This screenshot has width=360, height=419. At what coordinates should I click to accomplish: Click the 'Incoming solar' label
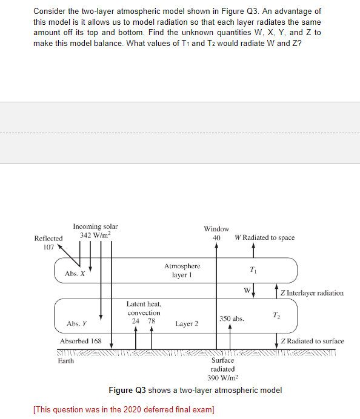pos(95,226)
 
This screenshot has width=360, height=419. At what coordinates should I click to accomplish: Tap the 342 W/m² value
pos(96,235)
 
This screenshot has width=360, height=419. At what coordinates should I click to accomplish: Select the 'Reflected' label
pos(48,238)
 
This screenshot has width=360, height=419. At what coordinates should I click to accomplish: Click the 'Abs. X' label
pos(75,274)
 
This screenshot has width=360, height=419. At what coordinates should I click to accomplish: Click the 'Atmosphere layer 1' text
pos(182,270)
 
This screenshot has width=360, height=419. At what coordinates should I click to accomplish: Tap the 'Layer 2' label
pos(187,324)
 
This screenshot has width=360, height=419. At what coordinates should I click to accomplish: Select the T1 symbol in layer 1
pos(254,269)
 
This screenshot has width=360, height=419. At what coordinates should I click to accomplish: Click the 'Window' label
pos(216,229)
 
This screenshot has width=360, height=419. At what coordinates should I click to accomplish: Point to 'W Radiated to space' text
pos(264,237)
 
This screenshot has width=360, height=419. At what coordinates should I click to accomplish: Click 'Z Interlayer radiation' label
pos(312,293)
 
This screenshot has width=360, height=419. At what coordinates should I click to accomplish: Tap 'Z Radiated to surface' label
pos(312,341)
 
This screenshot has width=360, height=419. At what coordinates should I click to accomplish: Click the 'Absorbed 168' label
pos(81,341)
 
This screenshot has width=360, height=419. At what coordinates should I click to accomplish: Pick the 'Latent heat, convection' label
pos(144,308)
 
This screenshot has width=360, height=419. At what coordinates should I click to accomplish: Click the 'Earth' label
pos(66,361)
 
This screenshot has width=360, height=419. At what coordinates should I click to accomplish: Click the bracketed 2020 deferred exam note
pos(124,409)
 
